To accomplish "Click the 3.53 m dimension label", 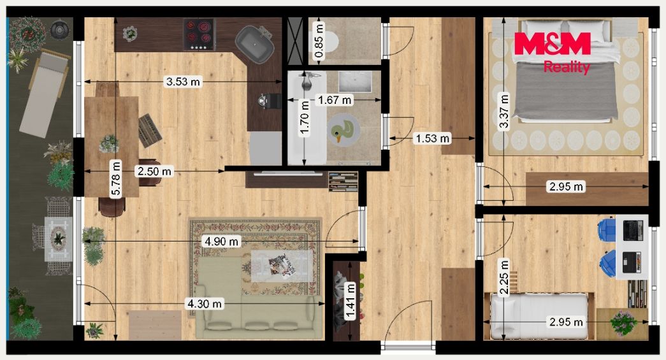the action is [x=183, y=81].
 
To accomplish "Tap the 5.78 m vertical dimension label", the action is [x=115, y=179].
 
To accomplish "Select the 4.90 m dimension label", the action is [x=221, y=241].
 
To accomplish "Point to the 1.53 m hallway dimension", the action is [x=432, y=138].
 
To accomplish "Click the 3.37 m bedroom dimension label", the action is [x=503, y=112].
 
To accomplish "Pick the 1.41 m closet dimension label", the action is [x=351, y=301].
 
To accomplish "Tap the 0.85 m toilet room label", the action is [x=319, y=41].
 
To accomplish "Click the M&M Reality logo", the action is [x=552, y=52].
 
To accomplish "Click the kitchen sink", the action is [x=254, y=44].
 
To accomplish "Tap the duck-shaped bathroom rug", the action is [x=343, y=131].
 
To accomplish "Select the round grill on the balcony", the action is [x=59, y=29].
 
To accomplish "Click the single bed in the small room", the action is [x=539, y=316].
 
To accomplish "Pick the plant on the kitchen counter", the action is [x=130, y=33].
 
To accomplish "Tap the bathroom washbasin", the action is [x=355, y=82].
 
